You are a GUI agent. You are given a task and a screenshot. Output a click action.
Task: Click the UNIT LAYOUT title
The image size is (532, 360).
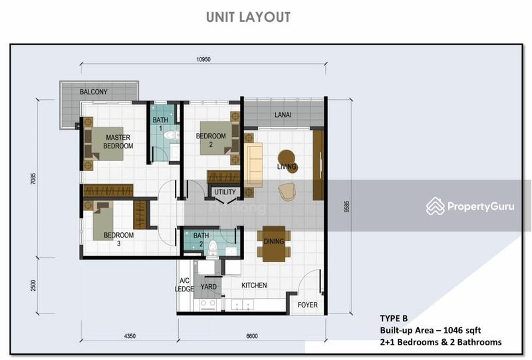coord(248,17)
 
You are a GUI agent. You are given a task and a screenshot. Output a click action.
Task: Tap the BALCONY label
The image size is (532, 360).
coord(93,92)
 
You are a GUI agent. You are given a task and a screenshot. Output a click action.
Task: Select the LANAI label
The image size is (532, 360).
coord(283,115)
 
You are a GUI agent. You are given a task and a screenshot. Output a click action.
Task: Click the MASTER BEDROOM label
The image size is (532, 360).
coord(118,142)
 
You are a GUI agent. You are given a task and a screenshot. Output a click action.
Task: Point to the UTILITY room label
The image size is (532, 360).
coord(225,192)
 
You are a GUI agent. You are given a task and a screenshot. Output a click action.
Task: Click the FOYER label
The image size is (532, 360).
coord(307,305)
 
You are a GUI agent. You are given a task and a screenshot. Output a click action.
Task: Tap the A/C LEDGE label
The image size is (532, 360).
coord(184,285)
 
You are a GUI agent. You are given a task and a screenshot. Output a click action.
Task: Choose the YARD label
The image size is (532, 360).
coord(208,287)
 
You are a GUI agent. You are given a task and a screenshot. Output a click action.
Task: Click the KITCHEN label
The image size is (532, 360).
coord(254,285)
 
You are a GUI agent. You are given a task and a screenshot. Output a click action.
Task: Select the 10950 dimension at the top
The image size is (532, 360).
coord(203,59)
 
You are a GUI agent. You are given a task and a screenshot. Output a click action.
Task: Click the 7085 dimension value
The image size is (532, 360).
coord(33,178)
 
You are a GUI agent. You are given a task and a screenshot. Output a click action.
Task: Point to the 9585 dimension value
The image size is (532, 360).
coord(346,206)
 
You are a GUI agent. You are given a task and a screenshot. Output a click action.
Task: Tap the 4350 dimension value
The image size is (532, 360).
coord(130,336)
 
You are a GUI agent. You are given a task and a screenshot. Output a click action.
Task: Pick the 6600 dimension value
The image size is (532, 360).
coord(252,336)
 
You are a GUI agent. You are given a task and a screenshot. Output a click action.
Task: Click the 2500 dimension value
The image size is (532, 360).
coord(33,285)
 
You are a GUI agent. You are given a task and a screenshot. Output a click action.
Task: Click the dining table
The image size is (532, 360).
coord(274,244)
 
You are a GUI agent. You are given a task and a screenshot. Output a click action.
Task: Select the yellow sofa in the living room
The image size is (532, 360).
coord(253,165)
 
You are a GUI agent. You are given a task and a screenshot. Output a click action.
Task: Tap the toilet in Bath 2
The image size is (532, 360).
coord(212,249)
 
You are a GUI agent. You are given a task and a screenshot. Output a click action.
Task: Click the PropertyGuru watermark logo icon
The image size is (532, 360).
coord(436,206)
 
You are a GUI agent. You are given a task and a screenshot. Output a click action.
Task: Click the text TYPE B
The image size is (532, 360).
coord(394,318)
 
